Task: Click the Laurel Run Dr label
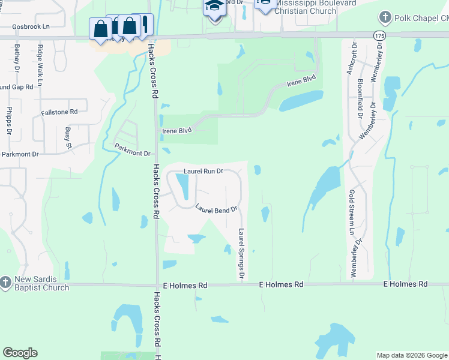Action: point(203,171)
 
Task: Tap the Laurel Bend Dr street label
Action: point(217,209)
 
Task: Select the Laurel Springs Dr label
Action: point(241,253)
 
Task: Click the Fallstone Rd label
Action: point(59,112)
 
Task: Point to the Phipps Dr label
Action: point(9,120)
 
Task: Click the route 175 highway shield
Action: point(379,36)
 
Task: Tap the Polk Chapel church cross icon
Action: point(385,18)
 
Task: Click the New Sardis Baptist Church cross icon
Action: point(5,281)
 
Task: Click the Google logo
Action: point(20,353)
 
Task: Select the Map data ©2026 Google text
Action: point(411,355)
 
